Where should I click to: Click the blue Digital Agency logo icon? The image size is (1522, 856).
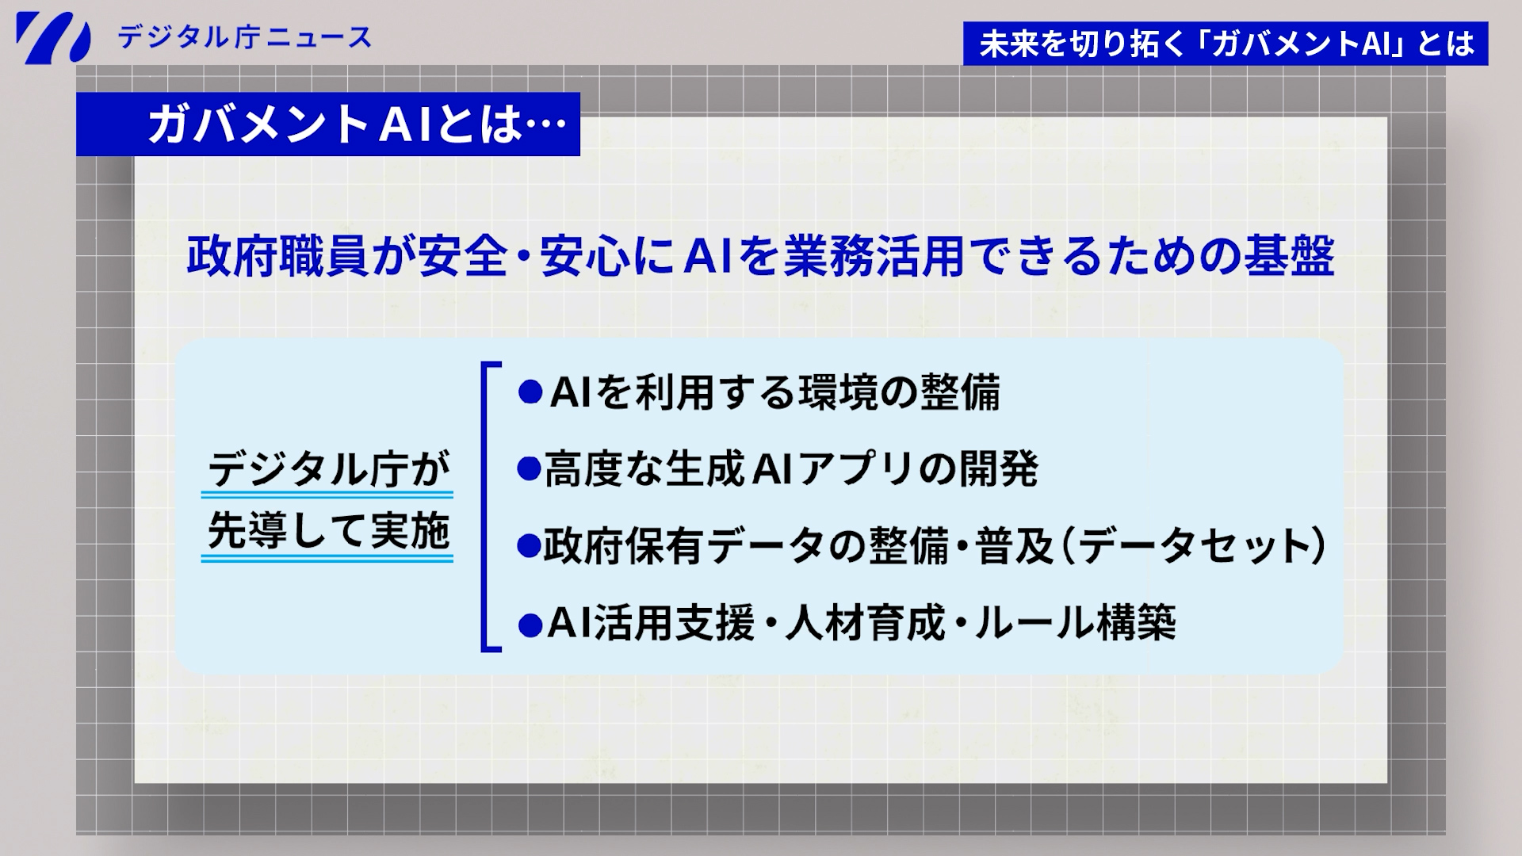tap(52, 37)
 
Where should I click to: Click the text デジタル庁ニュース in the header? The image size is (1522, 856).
tap(244, 37)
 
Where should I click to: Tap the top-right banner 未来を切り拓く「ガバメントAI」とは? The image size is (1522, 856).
tap(1226, 44)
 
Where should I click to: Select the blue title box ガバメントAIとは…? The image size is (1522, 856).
tap(328, 124)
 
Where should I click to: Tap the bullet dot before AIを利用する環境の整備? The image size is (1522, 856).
tap(529, 392)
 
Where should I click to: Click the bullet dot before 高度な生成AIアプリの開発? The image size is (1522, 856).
tap(529, 469)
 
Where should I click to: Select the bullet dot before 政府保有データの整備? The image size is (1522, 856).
tap(529, 546)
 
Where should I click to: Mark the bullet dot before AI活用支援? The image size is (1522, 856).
tap(529, 625)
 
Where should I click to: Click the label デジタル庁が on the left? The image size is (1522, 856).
tap(327, 471)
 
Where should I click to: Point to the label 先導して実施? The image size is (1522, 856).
tap(327, 532)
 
